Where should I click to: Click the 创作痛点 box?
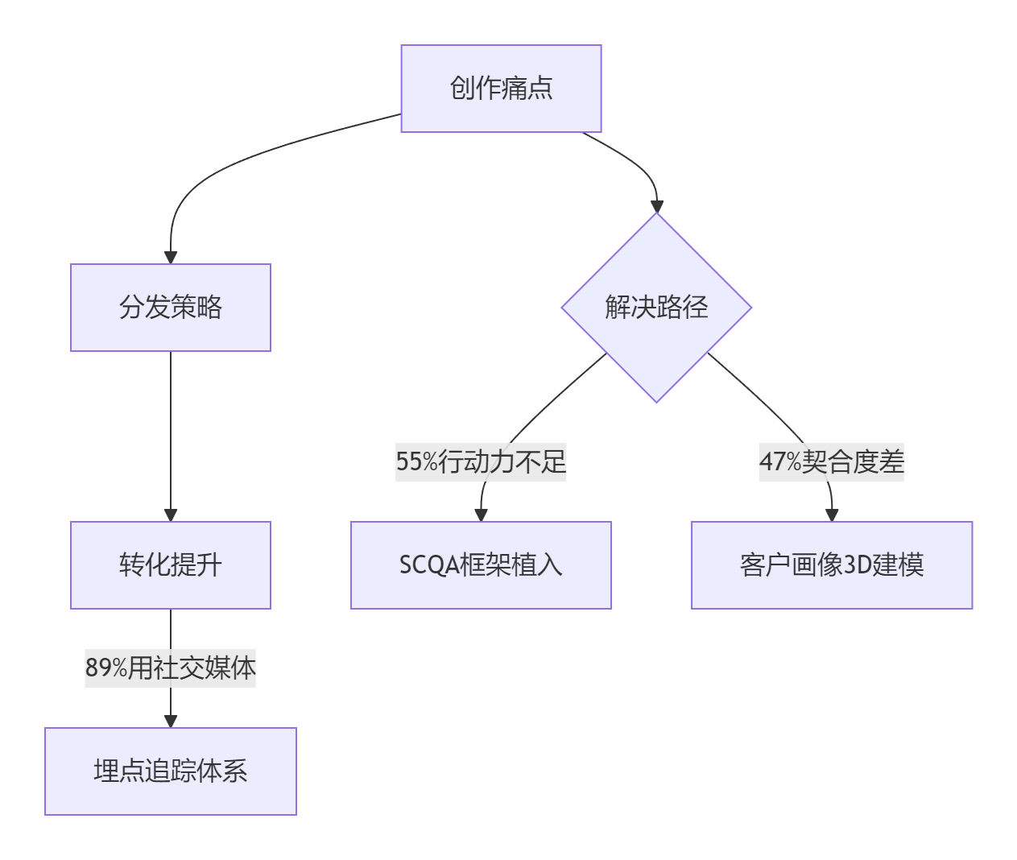coord(501,89)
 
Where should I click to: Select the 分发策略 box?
coord(171,308)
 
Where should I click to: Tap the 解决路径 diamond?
coord(656,308)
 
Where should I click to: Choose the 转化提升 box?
coord(171,565)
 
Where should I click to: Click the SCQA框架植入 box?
coord(481,565)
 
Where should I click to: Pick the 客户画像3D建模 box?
coord(832,565)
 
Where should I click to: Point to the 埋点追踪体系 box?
coord(171,771)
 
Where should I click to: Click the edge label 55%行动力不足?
coord(481,462)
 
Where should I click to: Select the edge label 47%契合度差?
coord(832,462)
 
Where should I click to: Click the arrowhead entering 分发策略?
coord(171,257)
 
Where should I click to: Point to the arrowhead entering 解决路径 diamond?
coord(657,206)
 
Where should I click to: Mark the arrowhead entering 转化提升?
coord(171,515)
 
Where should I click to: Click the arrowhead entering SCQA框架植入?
coord(481,515)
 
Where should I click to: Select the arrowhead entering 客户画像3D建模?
coord(832,515)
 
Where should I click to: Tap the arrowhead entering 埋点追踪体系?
coord(171,721)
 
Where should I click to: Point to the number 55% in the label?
coord(416,462)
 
